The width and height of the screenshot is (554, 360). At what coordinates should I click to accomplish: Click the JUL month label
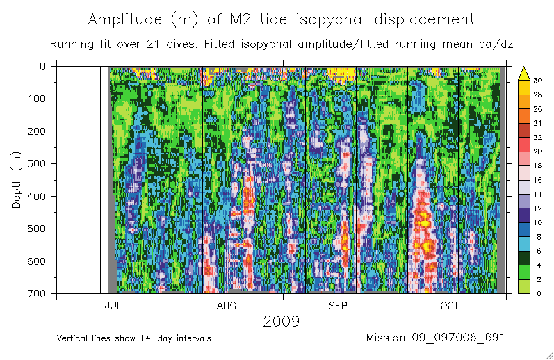(113, 306)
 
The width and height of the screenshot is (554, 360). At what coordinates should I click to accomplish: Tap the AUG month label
(226, 306)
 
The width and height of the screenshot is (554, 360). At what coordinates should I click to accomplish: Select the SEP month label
(338, 306)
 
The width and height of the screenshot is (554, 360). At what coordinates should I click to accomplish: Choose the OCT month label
(450, 306)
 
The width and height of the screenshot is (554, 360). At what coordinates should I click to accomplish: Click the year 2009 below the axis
(281, 321)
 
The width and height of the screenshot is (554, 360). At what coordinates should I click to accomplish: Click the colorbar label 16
(537, 179)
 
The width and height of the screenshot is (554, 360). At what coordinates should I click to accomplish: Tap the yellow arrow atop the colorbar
(525, 71)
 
